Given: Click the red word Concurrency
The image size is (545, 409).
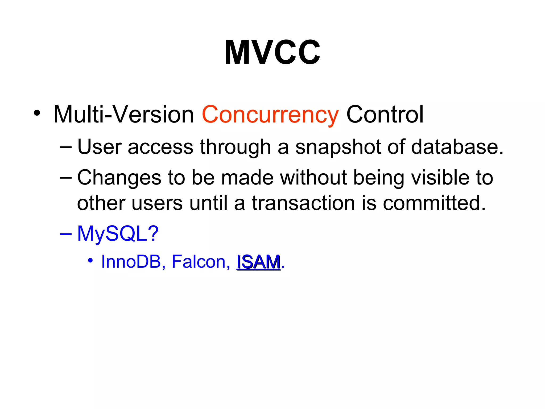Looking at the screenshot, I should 270,115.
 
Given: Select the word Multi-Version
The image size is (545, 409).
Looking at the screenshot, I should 124,115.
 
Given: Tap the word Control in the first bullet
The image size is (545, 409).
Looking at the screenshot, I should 385,115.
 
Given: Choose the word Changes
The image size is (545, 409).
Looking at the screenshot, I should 119,178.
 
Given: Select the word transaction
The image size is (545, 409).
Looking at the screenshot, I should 303,203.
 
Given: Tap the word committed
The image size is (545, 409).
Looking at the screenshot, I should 434,203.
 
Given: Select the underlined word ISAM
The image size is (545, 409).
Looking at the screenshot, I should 259,262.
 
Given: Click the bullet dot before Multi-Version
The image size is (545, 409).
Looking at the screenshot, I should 37,113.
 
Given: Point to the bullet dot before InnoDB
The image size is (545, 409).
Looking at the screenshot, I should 90,260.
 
